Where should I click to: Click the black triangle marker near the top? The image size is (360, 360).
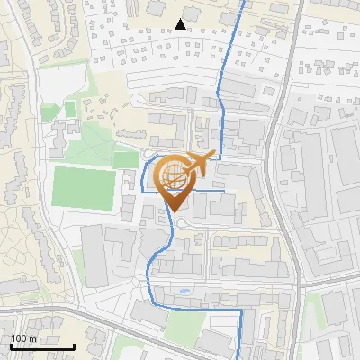point(181,24)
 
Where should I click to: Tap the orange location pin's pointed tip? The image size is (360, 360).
point(175,212)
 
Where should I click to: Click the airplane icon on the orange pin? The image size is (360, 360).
point(200,162)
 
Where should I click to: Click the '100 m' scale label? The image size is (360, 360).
point(24,338)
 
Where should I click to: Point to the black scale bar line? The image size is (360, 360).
point(42,346)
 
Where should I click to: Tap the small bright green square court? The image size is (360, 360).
point(69,109)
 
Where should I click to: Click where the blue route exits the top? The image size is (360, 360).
point(245,3)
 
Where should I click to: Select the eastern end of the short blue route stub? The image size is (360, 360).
point(223,191)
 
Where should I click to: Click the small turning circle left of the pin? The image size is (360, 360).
point(148,155)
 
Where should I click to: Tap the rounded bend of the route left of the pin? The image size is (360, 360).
point(145,175)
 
